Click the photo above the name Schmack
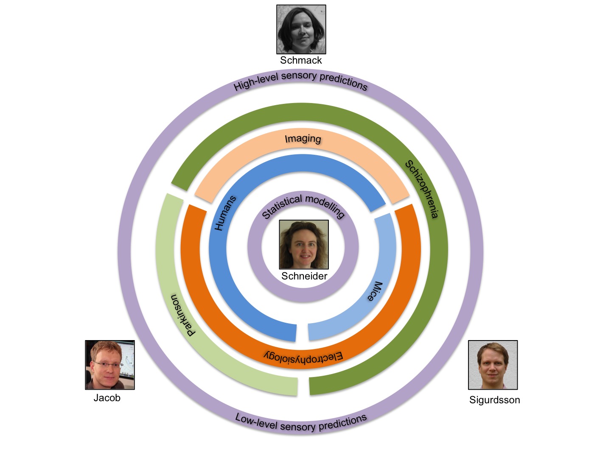(x=301, y=29)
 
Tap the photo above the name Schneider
(x=304, y=244)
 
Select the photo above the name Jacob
(x=110, y=365)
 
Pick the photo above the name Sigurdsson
(x=493, y=365)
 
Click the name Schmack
(x=301, y=60)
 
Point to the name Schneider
(x=304, y=276)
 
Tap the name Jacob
(x=107, y=398)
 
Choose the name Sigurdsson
(x=494, y=400)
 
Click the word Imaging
(x=303, y=139)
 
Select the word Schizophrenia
(x=421, y=189)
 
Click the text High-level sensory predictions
(x=300, y=81)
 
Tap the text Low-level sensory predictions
(x=301, y=423)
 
